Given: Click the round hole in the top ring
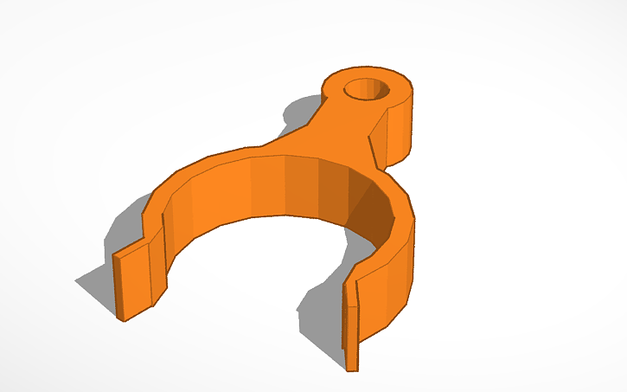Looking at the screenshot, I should tap(368, 88).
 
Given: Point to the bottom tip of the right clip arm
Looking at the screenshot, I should tap(352, 368).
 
